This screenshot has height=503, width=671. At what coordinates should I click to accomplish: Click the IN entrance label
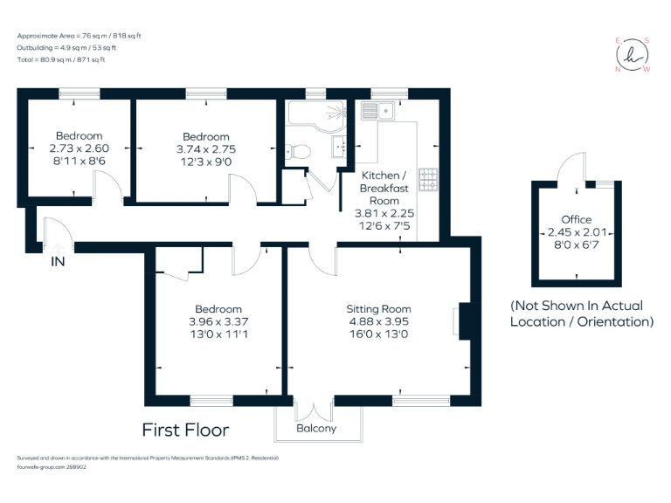click(x=58, y=261)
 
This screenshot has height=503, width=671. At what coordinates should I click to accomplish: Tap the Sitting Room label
click(x=378, y=309)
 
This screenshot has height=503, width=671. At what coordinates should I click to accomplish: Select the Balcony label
click(x=316, y=428)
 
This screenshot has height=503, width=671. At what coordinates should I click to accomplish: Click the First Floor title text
click(x=185, y=430)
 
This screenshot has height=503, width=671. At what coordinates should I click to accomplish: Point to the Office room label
click(x=576, y=219)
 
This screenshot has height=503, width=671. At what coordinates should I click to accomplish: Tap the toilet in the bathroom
click(x=300, y=150)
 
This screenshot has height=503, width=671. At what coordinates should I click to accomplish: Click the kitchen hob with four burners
click(x=429, y=178)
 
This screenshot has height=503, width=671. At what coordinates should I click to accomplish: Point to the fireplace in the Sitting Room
click(x=462, y=320)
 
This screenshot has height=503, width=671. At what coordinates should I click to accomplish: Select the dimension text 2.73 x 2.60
click(x=79, y=148)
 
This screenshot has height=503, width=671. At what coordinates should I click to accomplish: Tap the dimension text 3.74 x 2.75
click(x=205, y=149)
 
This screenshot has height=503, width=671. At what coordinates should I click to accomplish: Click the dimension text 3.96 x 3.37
click(x=218, y=322)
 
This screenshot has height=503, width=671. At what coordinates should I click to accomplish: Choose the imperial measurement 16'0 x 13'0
click(x=378, y=334)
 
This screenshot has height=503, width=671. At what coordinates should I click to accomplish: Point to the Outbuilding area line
click(x=66, y=47)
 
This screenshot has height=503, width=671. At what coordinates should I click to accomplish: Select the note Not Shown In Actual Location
click(x=582, y=314)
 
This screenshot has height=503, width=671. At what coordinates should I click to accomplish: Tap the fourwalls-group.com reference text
click(x=52, y=467)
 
